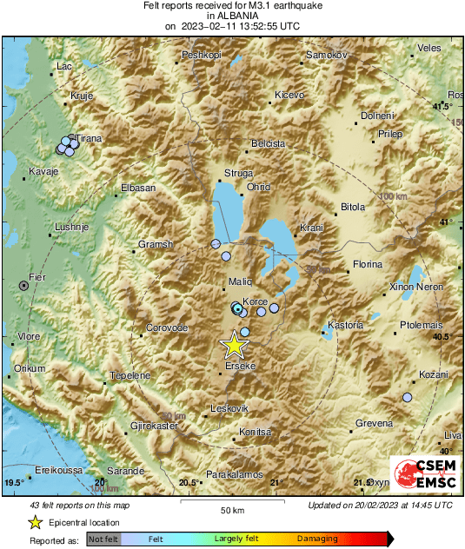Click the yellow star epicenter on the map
click(233, 345)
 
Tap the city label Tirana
click(89, 138)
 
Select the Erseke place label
click(239, 367)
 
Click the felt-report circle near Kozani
click(407, 397)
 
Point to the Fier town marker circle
click(23, 285)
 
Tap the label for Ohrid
click(259, 187)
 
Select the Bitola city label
click(352, 208)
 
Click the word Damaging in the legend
click(317, 539)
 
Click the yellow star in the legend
click(35, 522)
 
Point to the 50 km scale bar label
click(232, 510)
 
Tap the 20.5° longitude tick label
click(188, 483)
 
